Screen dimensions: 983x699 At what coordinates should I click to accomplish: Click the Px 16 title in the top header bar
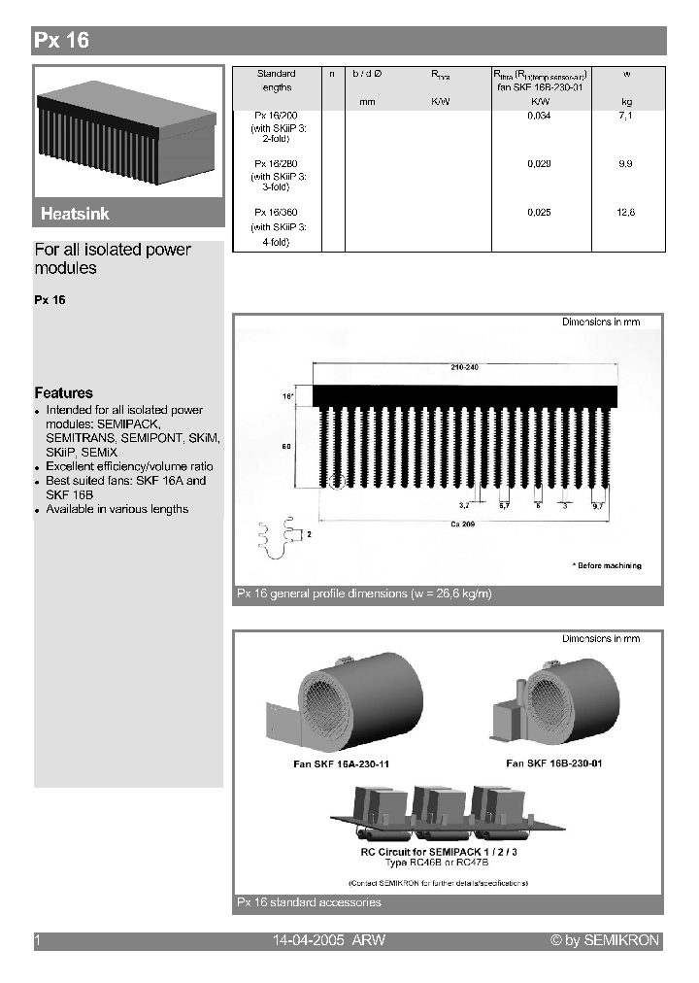point(62,41)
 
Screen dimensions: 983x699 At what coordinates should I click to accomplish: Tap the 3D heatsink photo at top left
point(127,131)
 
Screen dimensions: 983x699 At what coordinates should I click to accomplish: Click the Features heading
point(64,393)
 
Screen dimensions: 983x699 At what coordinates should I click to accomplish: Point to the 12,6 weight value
point(625,213)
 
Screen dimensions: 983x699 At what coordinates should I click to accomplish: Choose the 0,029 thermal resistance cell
point(539,164)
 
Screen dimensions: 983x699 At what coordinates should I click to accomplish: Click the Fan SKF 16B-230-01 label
point(554,763)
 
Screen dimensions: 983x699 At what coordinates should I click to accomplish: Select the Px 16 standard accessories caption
point(309,902)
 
